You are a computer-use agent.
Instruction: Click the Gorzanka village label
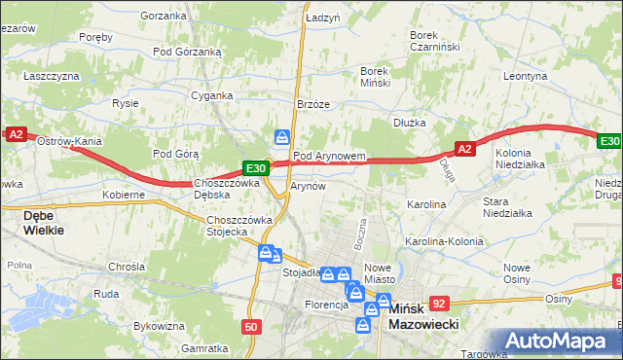163,16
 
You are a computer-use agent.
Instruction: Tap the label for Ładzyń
322,18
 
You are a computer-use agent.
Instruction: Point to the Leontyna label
527,75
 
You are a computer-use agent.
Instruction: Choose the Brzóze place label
313,104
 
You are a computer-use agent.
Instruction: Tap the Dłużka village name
410,123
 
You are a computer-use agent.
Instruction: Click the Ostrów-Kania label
69,142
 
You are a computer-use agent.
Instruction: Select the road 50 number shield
251,327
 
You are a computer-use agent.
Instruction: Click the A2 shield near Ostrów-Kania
16,135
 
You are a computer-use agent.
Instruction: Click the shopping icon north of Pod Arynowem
282,137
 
